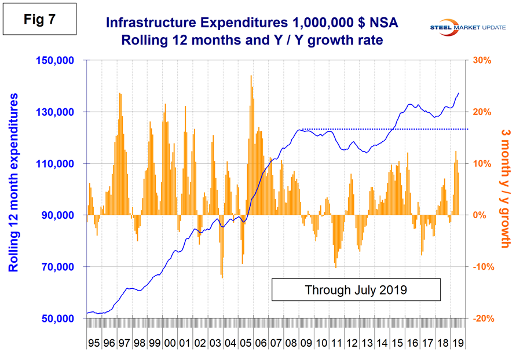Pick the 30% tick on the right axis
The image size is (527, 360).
click(484, 61)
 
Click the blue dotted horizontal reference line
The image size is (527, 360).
click(382, 129)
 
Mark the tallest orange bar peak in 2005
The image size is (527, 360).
click(251, 76)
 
